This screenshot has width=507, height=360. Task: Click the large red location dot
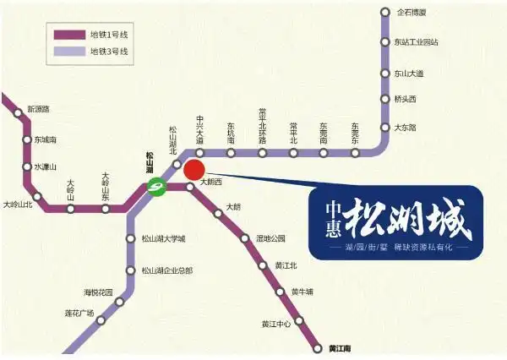point(194,169)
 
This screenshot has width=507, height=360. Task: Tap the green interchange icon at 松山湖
point(156,187)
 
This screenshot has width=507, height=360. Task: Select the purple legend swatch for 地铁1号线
point(70,35)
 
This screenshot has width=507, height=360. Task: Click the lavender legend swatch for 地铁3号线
point(70,52)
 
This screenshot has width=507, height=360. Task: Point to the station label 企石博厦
point(412,13)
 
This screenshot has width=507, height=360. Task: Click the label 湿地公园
point(271,238)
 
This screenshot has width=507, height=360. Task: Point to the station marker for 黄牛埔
point(282,292)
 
